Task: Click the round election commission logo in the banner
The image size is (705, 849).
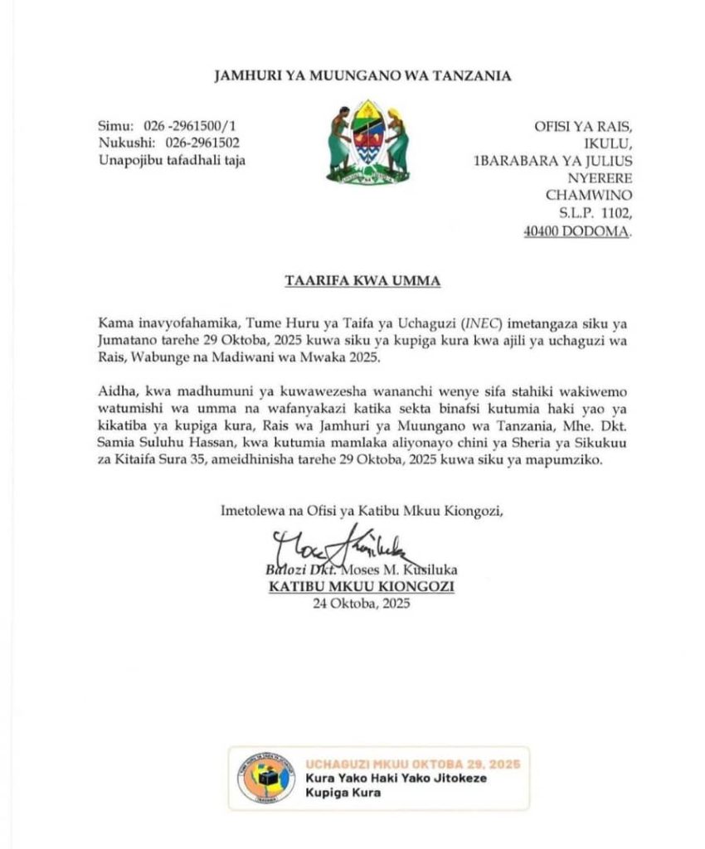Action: tap(265, 777)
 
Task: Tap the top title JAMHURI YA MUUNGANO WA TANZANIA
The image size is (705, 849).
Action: tap(362, 76)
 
